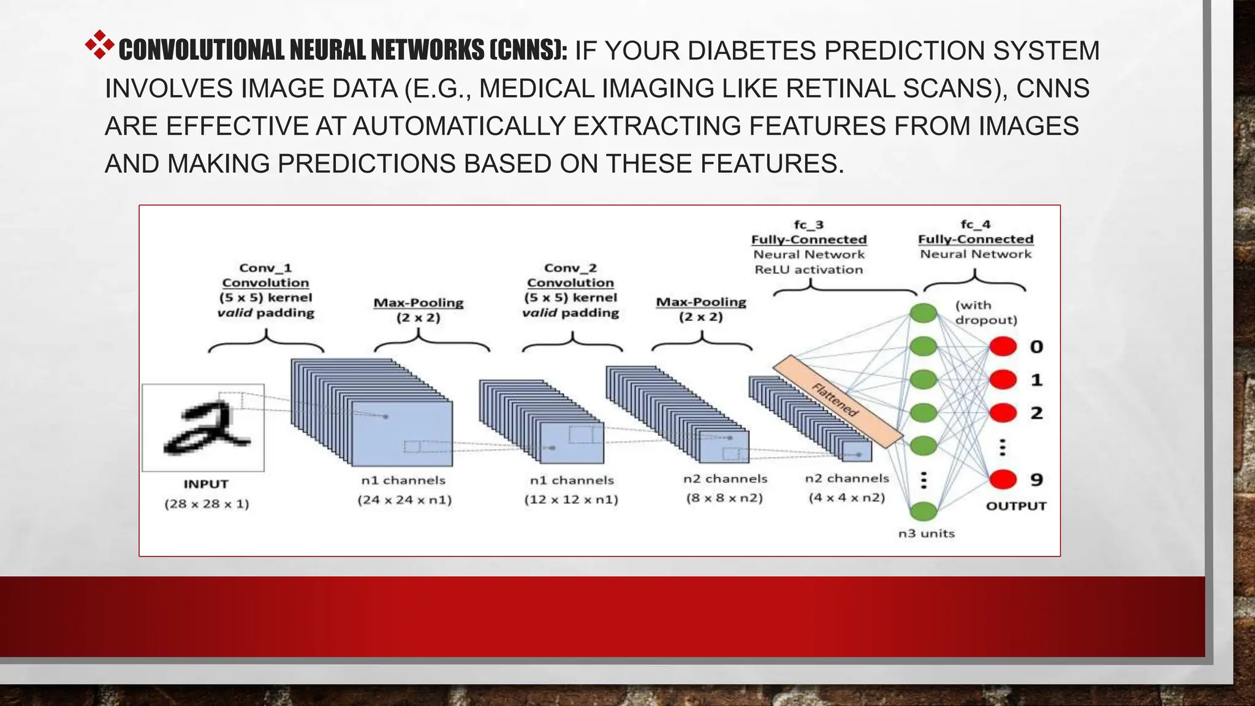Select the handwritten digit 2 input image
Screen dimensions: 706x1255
[203, 428]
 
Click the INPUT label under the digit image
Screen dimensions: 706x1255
[206, 484]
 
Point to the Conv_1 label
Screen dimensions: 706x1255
[265, 268]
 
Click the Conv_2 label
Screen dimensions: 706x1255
[570, 268]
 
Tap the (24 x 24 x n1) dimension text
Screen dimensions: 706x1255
[404, 499]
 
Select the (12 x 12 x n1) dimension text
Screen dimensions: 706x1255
[571, 499]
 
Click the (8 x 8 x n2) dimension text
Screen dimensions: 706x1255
[724, 498]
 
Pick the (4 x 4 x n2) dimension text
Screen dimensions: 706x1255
[846, 497]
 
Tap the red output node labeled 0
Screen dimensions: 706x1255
[1003, 347]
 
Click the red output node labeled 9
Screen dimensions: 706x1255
[1003, 479]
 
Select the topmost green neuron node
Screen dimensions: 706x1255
[923, 313]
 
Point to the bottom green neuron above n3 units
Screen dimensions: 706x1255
[923, 511]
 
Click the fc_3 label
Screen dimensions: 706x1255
[808, 225]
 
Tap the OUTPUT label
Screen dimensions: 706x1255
[1015, 506]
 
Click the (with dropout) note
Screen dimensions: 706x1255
[985, 313]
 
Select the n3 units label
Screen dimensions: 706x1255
[926, 534]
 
